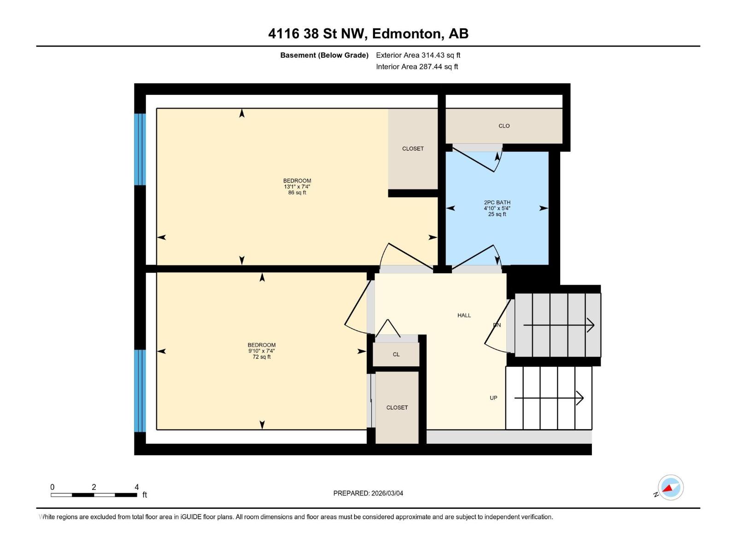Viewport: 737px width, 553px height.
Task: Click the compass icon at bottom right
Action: [671, 488]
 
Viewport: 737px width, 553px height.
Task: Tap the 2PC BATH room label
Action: [497, 202]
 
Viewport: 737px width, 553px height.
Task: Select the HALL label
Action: [464, 315]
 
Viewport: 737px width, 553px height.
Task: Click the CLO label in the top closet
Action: [504, 126]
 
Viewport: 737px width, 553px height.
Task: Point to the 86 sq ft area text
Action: [297, 193]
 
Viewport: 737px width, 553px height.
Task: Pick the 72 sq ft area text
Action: [262, 357]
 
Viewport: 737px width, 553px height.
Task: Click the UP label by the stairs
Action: [493, 398]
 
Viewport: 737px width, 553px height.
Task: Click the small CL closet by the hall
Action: [396, 354]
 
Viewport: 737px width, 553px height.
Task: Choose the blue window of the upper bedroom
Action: [140, 149]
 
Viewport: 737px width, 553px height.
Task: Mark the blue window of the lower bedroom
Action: [140, 391]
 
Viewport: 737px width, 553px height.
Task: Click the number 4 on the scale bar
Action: [136, 487]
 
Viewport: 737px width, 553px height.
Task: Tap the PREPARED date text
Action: [368, 493]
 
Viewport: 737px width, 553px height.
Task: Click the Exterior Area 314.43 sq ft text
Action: [418, 55]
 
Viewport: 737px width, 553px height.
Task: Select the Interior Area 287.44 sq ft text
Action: [417, 66]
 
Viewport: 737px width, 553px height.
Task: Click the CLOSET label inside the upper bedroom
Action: [413, 148]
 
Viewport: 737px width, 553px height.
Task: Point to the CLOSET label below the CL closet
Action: [397, 407]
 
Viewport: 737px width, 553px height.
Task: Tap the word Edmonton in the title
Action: [405, 34]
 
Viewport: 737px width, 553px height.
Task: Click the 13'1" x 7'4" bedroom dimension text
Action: [297, 187]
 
